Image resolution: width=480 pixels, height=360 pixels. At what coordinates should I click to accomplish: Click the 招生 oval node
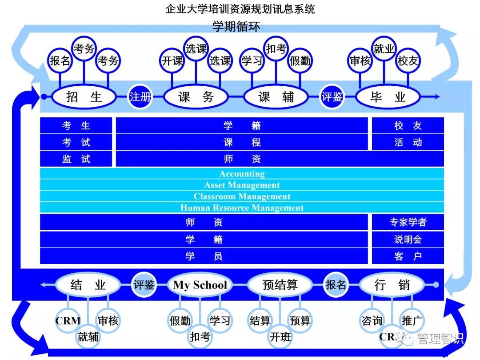pos(84,96)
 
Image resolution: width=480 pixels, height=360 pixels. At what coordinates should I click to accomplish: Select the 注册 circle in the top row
pos(140,96)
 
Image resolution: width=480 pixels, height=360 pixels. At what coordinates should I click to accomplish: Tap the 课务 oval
pos(196,96)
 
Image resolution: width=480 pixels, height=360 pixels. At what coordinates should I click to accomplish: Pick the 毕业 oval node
pos(388,96)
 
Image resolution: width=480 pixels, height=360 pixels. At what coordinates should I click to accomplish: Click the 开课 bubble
pos(172,61)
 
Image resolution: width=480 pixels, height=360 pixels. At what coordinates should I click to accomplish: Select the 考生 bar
pos(76,126)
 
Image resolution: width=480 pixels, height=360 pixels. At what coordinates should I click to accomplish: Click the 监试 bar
pos(76,159)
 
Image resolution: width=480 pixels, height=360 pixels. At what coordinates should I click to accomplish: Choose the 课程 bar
pos(242,142)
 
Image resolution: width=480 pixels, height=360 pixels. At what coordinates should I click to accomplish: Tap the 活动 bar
pos(408,142)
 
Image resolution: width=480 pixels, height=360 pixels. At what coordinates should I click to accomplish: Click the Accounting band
pos(242,174)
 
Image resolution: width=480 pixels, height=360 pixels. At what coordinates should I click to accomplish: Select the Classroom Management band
pos(242,196)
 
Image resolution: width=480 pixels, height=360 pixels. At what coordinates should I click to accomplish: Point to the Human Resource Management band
pos(242,208)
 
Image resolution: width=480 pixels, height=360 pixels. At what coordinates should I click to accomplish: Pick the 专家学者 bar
pos(408,222)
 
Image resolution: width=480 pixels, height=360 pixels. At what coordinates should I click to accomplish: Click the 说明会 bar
pos(408,240)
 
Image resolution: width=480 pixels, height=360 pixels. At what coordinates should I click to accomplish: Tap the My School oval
pos(200,285)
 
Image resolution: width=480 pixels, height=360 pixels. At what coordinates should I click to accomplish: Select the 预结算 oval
pos(280,285)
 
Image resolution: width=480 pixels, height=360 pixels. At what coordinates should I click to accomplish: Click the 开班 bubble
pos(280,336)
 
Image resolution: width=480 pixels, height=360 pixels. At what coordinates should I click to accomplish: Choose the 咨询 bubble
pos(372,320)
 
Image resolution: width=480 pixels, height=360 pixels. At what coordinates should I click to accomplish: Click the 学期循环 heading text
pos(236,27)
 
